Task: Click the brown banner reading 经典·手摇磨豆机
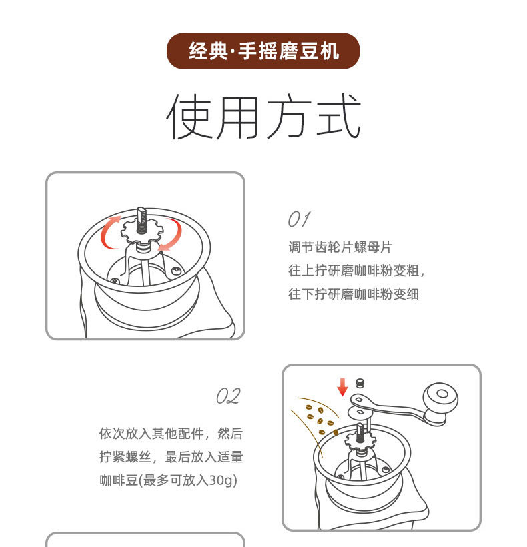click(263, 51)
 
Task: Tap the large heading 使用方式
click(263, 117)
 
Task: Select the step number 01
click(298, 219)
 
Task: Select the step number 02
click(227, 396)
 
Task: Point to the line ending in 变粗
click(356, 271)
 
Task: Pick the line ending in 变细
click(354, 294)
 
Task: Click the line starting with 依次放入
click(171, 434)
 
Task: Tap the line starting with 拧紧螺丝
click(171, 457)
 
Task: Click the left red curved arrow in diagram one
click(110, 231)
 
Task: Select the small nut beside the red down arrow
click(360, 383)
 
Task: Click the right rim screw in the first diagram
click(175, 270)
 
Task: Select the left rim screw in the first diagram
click(115, 281)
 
